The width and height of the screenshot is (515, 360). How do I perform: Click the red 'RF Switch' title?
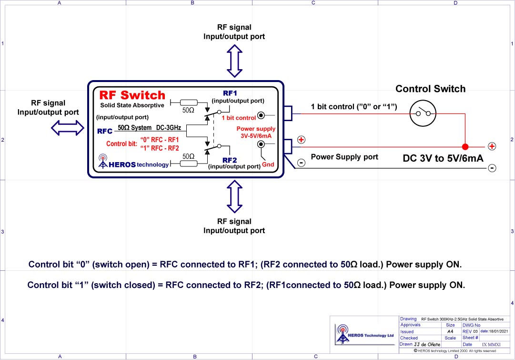pyautogui.click(x=132, y=95)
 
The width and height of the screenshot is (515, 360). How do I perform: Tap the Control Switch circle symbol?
pyautogui.click(x=424, y=113)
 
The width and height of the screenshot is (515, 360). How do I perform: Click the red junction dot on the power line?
pyautogui.click(x=465, y=147)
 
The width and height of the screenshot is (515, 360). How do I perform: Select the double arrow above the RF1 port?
pyautogui.click(x=234, y=61)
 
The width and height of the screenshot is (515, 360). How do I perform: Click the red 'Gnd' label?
pyautogui.click(x=268, y=165)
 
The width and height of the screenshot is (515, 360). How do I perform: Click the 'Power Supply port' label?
pyautogui.click(x=344, y=156)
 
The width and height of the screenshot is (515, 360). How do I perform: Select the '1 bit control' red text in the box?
pyautogui.click(x=239, y=117)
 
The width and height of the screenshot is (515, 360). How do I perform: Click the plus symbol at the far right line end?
pyautogui.click(x=492, y=146)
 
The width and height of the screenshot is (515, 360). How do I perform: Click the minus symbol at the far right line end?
pyautogui.click(x=492, y=168)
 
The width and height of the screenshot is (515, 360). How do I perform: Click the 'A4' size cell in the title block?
pyautogui.click(x=450, y=331)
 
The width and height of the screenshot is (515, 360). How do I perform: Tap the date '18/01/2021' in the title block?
pyautogui.click(x=492, y=331)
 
